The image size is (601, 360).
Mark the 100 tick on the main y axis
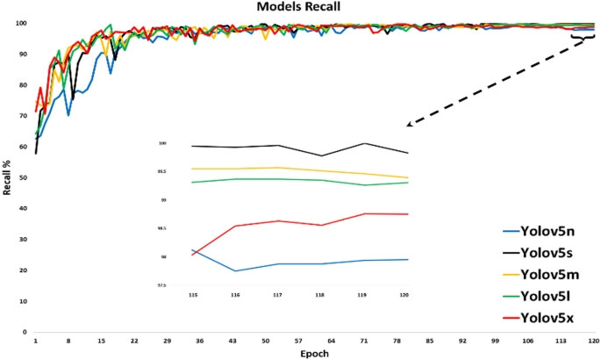(x=24, y=24)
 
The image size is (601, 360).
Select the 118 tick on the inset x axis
(x=322, y=296)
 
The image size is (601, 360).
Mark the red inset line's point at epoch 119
(x=365, y=213)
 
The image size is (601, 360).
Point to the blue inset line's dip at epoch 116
(x=235, y=270)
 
